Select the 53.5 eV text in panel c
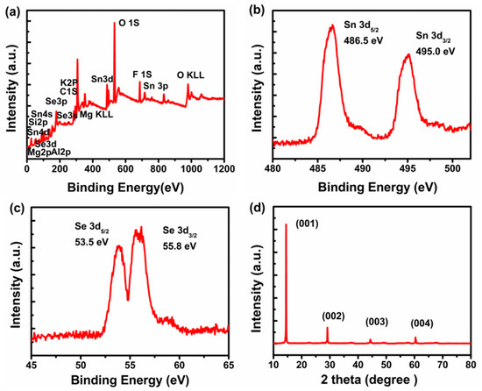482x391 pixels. click(x=92, y=247)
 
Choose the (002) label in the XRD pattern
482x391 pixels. click(x=333, y=316)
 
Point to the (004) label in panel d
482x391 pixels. click(x=422, y=322)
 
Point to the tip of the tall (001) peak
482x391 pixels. click(x=287, y=224)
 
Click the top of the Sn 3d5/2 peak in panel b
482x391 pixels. click(x=331, y=25)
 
